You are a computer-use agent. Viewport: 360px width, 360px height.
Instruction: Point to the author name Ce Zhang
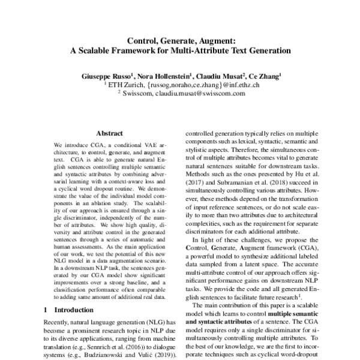coord(263,76)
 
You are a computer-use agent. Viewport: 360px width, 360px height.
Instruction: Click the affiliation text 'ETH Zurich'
coord(124,85)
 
